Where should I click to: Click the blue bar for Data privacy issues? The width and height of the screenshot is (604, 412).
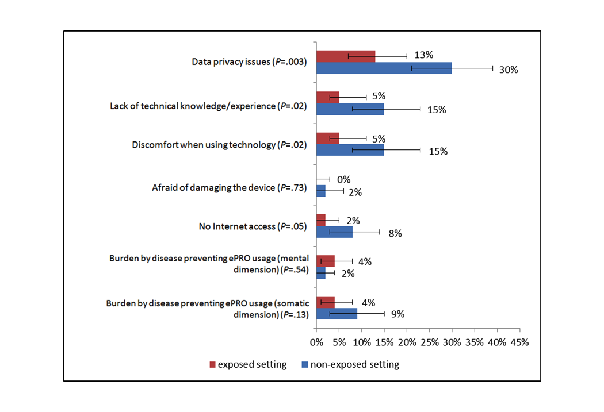(384, 68)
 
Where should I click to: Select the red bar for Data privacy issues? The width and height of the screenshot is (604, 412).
(346, 56)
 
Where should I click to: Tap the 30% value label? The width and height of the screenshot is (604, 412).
(509, 70)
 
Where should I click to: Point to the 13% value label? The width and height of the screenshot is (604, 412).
(423, 55)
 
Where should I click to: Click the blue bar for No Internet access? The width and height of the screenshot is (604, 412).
(334, 232)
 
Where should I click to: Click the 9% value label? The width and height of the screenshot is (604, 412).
(398, 314)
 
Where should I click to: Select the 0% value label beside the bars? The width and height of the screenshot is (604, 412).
(343, 180)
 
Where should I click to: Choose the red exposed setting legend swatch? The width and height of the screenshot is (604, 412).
(212, 364)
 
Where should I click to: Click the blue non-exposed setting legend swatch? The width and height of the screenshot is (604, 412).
(305, 364)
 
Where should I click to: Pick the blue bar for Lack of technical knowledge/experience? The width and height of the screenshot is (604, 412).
(350, 109)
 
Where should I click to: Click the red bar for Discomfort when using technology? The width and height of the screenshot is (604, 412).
(327, 138)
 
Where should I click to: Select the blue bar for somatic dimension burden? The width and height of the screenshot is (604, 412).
(337, 314)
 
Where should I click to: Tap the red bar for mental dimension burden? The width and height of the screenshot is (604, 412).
(325, 261)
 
